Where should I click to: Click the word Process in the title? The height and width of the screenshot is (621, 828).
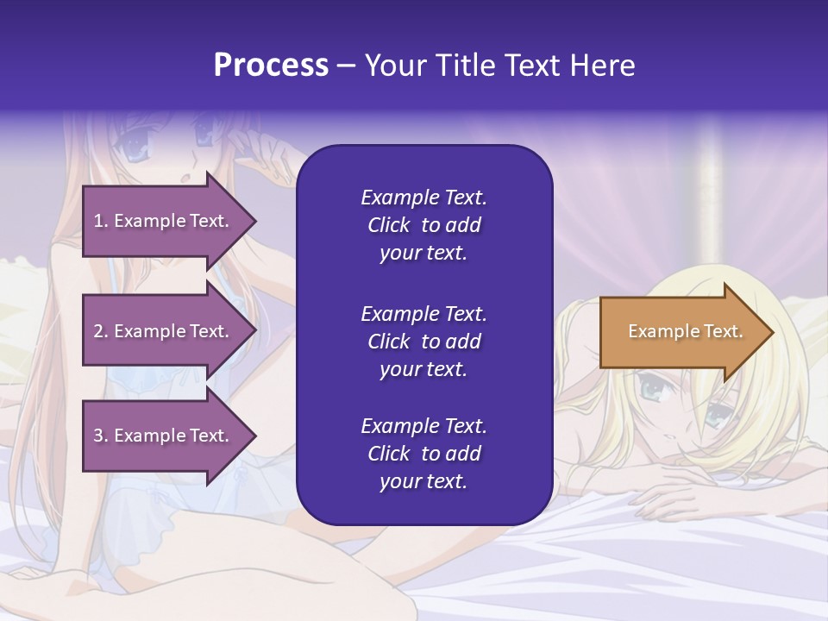(271, 66)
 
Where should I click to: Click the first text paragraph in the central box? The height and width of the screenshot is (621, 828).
(423, 225)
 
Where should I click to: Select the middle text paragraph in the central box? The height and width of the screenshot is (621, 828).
(423, 341)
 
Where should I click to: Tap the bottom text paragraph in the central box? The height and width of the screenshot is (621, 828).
(423, 454)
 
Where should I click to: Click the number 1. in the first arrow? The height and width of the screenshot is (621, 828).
(101, 221)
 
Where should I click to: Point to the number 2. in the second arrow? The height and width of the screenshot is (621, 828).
(101, 331)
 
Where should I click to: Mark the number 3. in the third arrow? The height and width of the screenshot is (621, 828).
(101, 436)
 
